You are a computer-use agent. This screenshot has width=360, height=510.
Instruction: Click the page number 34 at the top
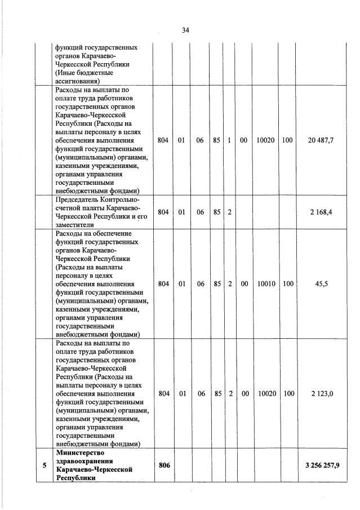185,30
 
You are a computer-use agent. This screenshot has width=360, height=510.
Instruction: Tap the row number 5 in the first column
44,465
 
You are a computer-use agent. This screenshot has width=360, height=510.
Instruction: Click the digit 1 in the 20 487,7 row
230,140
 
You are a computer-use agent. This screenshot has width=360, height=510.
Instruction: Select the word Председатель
77,199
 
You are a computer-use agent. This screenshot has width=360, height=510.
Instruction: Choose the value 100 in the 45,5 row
287,284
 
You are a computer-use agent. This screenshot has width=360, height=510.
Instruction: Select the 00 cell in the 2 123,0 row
244,393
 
